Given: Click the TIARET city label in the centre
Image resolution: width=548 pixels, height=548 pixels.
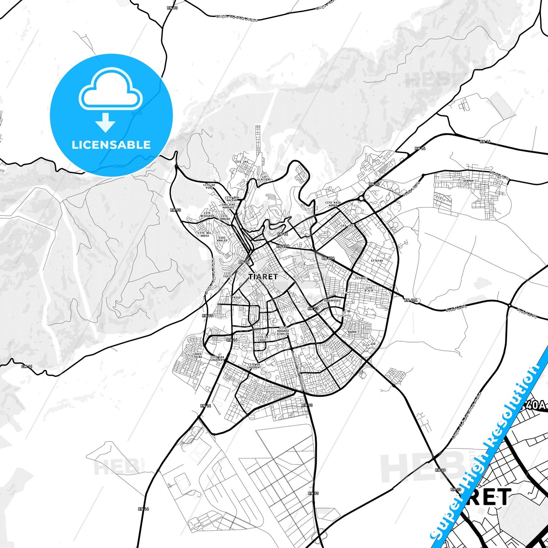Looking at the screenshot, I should click(263, 277).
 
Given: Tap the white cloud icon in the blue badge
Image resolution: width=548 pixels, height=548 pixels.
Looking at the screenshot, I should click(110, 91).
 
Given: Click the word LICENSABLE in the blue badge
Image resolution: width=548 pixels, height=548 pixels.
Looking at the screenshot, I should click(111, 145).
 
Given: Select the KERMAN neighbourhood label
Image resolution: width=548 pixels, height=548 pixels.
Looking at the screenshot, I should click(468, 181).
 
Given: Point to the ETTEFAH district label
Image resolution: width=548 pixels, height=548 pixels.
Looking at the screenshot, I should click(377, 261).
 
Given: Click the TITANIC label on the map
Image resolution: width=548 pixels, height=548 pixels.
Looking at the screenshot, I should click(361, 278).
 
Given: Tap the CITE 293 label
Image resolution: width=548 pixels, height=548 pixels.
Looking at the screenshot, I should click(241, 162).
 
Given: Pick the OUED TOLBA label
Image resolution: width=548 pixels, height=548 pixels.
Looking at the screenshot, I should click(198, 356).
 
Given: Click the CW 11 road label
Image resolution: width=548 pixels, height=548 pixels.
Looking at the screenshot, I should click(27, 366).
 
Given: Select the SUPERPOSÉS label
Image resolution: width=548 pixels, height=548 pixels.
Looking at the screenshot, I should click(332, 301).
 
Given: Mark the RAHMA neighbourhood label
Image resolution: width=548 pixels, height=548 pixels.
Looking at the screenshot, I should click(352, 332).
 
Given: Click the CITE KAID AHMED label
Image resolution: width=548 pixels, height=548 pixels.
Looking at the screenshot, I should click(333, 204).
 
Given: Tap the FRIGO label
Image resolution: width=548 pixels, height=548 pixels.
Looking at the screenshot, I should click(236, 298).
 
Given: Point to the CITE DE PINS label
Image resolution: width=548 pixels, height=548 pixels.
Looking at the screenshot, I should click(209, 186).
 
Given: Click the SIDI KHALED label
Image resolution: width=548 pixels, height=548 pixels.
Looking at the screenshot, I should click(222, 239).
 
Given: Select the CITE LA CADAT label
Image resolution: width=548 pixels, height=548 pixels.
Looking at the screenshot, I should click(262, 338).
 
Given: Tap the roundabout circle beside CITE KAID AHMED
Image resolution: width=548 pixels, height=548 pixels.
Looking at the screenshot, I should click(361, 198).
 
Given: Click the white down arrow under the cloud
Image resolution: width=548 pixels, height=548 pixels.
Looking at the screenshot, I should click(105, 122).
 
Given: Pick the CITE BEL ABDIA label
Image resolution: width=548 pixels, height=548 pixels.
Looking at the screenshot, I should click(204, 234).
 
